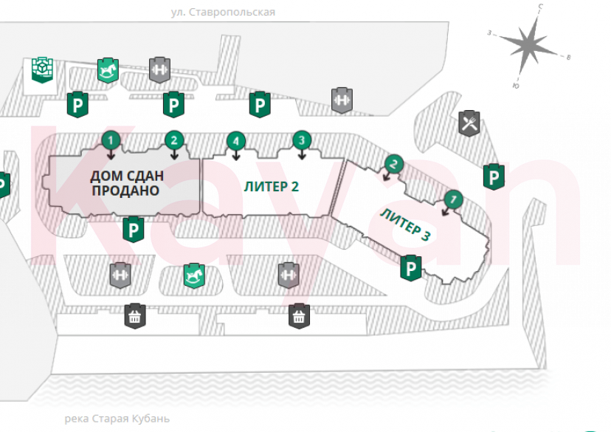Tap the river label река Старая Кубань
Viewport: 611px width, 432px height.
(117, 419)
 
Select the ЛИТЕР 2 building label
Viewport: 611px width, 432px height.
(272, 186)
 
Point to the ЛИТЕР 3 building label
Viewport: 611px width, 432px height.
(405, 224)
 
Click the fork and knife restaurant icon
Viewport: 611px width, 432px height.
(469, 122)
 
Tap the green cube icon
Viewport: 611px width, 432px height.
(42, 69)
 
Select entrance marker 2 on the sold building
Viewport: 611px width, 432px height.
(173, 139)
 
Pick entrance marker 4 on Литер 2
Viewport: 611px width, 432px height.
(235, 140)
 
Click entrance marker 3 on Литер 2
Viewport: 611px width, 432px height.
(300, 139)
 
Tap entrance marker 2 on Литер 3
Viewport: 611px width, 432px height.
(394, 165)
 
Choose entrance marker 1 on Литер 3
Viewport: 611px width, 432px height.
(453, 198)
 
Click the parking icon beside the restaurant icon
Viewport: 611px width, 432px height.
(493, 176)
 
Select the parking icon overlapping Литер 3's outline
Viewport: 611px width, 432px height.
(410, 267)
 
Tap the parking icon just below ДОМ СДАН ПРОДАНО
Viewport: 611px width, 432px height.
(133, 230)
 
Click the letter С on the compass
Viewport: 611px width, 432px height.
(541, 7)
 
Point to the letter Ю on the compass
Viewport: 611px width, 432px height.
(515, 86)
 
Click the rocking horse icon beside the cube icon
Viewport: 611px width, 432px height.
(108, 69)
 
